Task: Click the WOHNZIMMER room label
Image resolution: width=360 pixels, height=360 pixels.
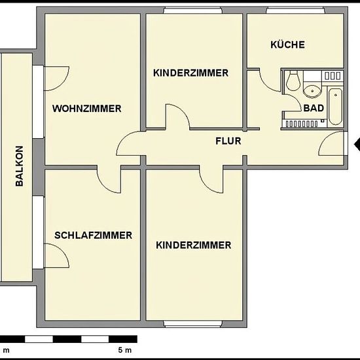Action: (87, 109)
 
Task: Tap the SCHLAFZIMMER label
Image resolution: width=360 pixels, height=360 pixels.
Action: (93, 236)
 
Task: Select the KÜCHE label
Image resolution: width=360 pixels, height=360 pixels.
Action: (288, 44)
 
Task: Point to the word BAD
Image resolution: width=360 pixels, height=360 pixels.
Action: (314, 108)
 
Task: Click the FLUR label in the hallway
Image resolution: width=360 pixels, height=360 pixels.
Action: (228, 141)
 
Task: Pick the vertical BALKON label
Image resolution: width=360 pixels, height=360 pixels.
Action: (19, 166)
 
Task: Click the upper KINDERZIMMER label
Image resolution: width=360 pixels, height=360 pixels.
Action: (190, 73)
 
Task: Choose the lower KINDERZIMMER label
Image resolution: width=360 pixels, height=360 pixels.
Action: (194, 245)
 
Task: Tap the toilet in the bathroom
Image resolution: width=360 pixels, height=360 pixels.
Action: (293, 81)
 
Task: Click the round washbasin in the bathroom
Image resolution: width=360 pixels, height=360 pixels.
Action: (312, 91)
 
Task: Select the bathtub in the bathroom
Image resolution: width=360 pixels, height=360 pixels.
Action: (335, 107)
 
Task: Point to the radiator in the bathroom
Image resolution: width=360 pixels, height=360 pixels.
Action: (301, 124)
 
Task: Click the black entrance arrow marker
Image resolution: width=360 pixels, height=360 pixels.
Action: (357, 144)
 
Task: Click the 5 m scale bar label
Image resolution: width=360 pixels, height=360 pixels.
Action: (125, 350)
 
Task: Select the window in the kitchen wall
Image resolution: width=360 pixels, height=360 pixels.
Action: (296, 10)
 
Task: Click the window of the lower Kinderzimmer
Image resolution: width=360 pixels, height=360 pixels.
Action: (193, 323)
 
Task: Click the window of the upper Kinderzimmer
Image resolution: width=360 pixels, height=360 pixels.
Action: (193, 10)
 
